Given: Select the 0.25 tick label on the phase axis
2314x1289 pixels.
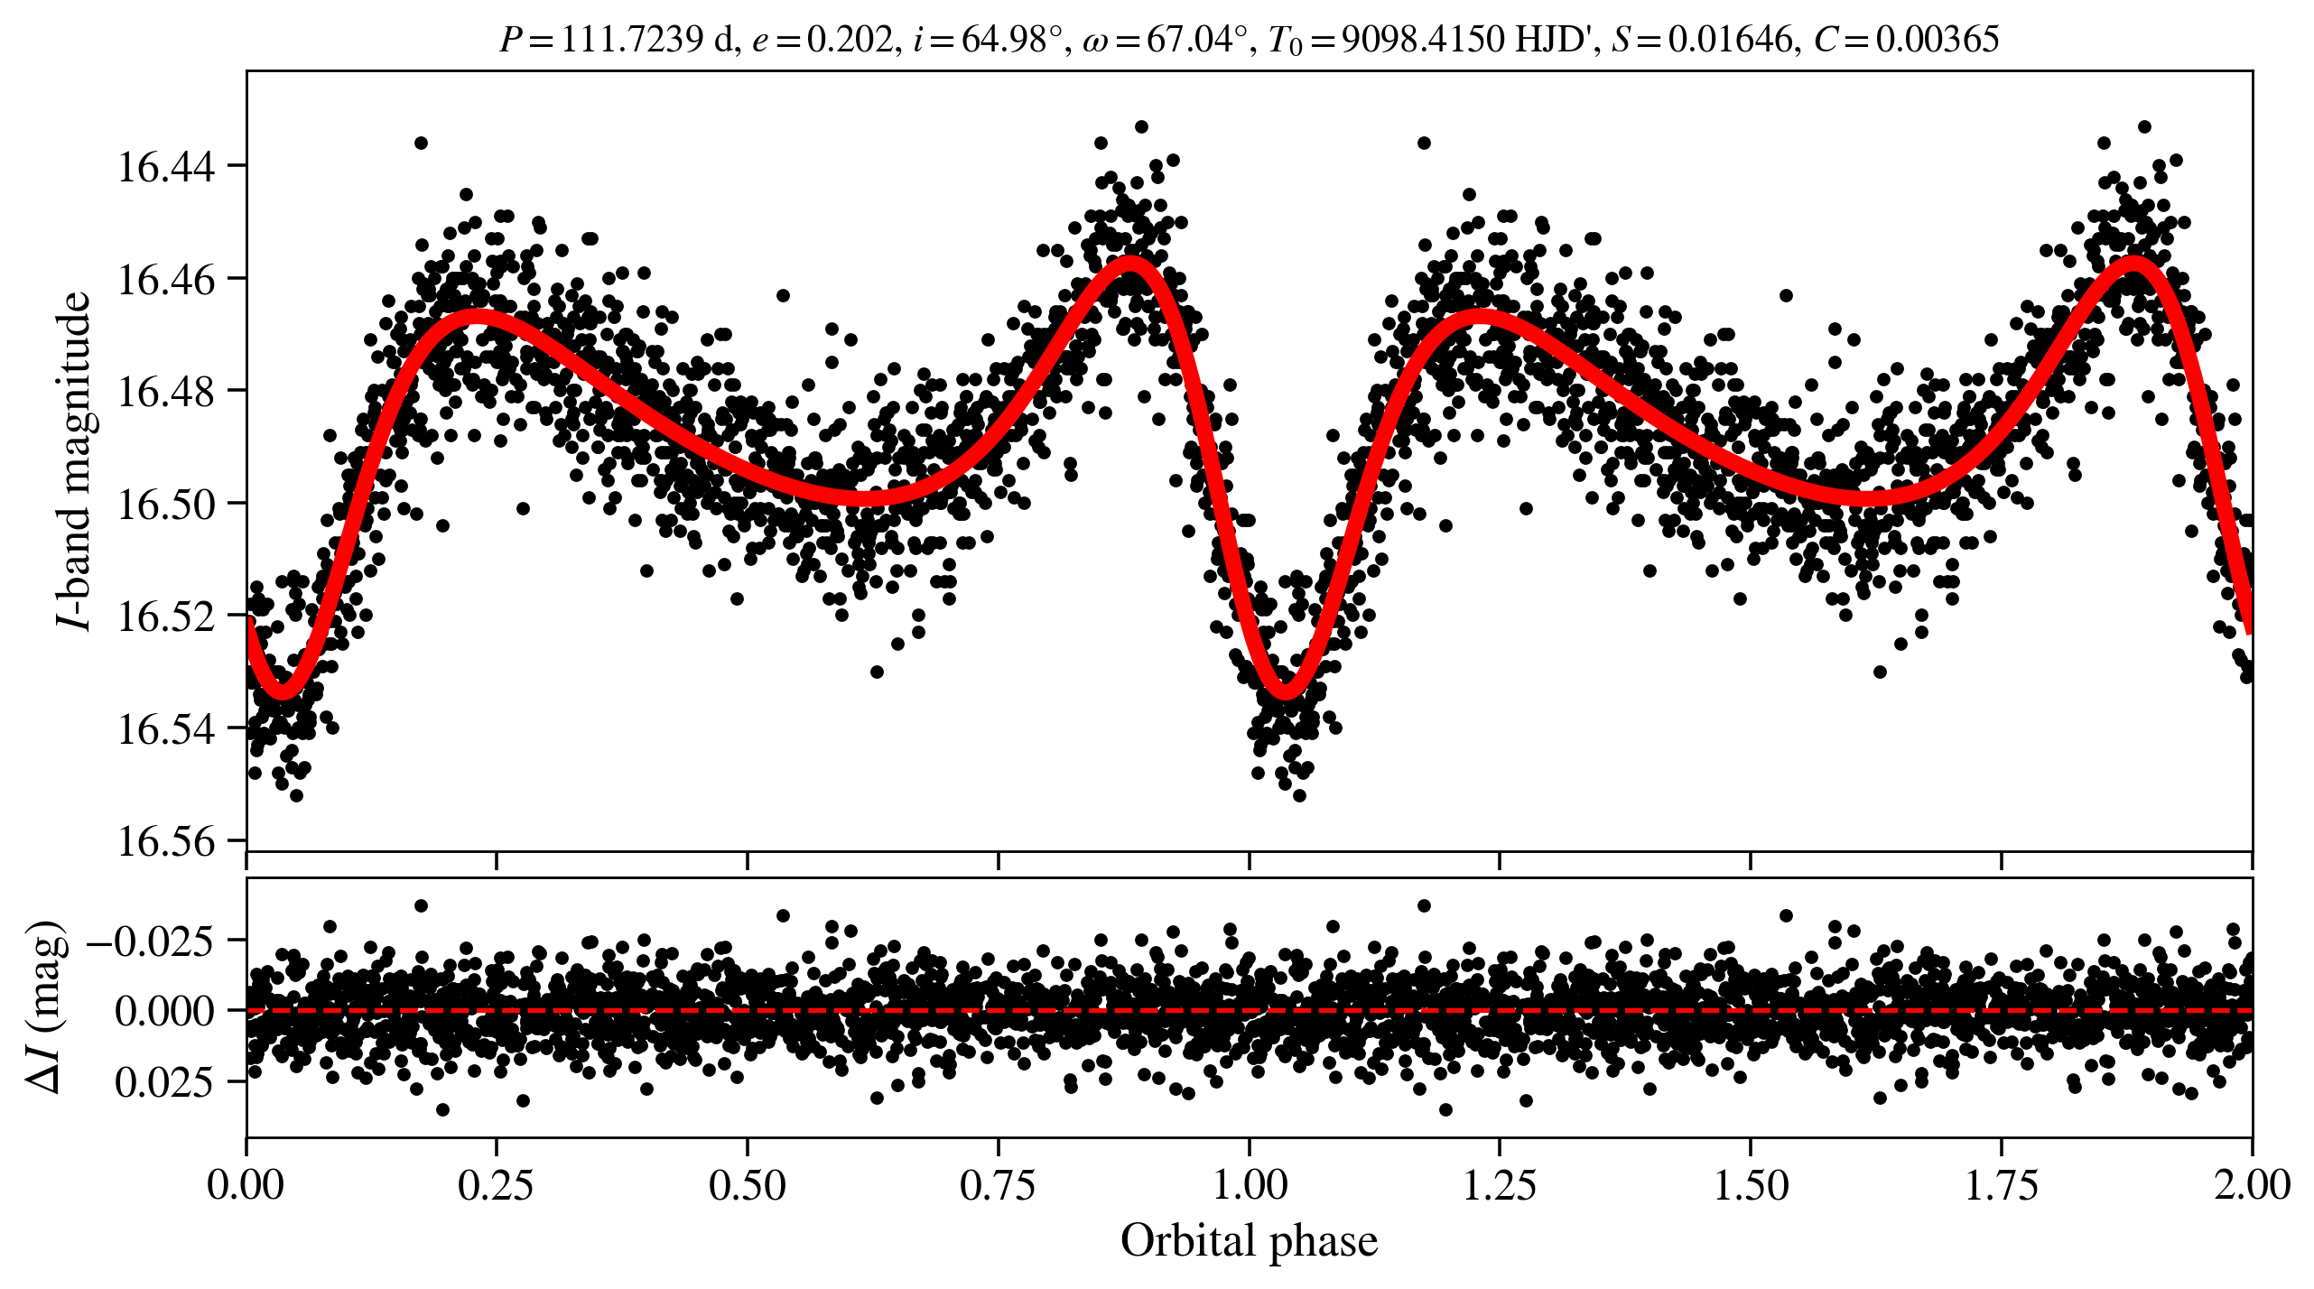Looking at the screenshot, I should tap(496, 1184).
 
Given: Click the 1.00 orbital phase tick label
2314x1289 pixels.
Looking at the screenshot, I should tap(1249, 1184).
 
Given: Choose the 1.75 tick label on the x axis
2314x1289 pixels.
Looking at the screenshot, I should tap(2001, 1184).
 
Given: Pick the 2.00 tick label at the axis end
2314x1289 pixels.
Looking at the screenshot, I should tap(2251, 1184).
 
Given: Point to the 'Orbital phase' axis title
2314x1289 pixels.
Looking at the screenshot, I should tap(1249, 1241).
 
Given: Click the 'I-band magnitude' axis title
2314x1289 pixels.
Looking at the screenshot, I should tap(74, 460).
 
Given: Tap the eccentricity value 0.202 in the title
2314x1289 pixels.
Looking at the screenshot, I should tap(849, 40).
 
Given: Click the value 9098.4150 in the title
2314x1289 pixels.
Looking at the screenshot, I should tap(1423, 40).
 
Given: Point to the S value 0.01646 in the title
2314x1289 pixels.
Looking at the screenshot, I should tap(1729, 40).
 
